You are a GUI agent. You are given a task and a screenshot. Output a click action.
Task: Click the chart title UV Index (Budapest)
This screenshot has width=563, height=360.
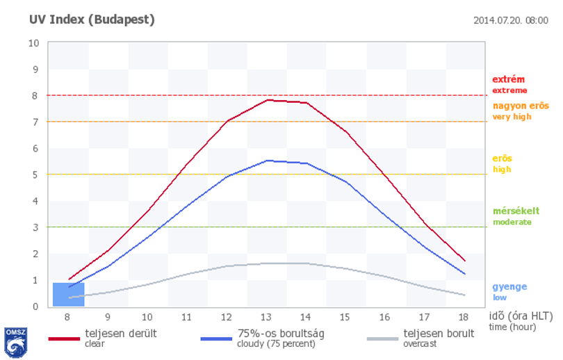pyautogui.click(x=92, y=19)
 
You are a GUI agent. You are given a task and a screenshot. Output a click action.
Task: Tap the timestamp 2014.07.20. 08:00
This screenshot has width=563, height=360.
pyautogui.click(x=511, y=20)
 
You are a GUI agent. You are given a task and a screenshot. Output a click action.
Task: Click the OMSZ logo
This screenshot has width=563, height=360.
pyautogui.click(x=15, y=343)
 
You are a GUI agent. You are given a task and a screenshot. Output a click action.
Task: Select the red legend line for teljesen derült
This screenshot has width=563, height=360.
pyautogui.click(x=64, y=339)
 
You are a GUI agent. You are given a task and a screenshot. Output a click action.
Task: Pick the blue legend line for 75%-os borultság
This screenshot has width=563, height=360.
pyautogui.click(x=216, y=339)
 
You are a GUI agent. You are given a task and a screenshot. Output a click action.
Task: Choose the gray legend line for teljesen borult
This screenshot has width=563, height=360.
pyautogui.click(x=383, y=339)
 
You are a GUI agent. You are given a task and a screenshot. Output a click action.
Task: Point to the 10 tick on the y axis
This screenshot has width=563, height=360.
pyautogui.click(x=34, y=43)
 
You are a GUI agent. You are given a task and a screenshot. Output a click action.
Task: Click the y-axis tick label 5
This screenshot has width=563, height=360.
pyautogui.click(x=35, y=175)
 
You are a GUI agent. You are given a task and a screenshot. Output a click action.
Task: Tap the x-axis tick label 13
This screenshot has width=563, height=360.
pyautogui.click(x=266, y=318)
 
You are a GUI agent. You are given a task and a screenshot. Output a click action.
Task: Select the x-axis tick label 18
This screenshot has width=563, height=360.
pyautogui.click(x=464, y=318)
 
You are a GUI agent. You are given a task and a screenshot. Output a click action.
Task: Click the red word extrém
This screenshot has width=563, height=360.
pyautogui.click(x=508, y=79)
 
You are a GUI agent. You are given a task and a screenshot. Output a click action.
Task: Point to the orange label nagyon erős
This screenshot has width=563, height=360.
pyautogui.click(x=521, y=106)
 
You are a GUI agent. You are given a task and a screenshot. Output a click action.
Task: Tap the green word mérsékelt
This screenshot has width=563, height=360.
pyautogui.click(x=516, y=211)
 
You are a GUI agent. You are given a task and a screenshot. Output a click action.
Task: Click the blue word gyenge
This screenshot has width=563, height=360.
pyautogui.click(x=510, y=287)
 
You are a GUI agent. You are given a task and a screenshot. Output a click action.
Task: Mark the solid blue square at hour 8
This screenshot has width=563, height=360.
pyautogui.click(x=69, y=295)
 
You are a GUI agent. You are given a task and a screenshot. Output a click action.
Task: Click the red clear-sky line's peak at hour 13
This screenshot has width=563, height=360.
pyautogui.click(x=268, y=100)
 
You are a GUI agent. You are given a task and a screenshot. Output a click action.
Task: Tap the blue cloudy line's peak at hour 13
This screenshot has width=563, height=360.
pyautogui.click(x=268, y=161)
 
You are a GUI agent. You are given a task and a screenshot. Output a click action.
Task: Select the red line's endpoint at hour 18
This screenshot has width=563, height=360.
pyautogui.click(x=465, y=261)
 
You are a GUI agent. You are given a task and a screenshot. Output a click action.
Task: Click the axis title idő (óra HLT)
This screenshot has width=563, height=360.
pyautogui.click(x=521, y=316)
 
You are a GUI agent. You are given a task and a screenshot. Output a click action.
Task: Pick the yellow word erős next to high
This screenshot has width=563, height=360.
pyautogui.click(x=503, y=158)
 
